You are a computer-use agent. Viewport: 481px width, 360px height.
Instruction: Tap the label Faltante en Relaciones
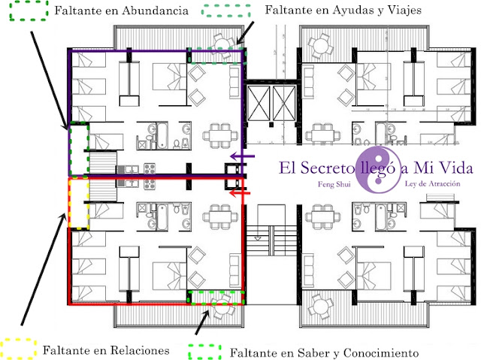pyautogui.click(x=105, y=349)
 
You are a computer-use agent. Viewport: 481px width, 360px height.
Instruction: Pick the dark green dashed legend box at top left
pyautogui.click(x=26, y=13)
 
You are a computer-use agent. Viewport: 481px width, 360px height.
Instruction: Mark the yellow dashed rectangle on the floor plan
pyautogui.click(x=78, y=202)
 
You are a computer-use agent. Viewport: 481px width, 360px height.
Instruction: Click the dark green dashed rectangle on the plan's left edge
pyautogui.click(x=78, y=149)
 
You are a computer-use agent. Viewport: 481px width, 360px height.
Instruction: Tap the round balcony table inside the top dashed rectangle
pyautogui.click(x=222, y=44)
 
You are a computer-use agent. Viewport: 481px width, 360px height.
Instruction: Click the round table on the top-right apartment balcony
pyautogui.click(x=322, y=47)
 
